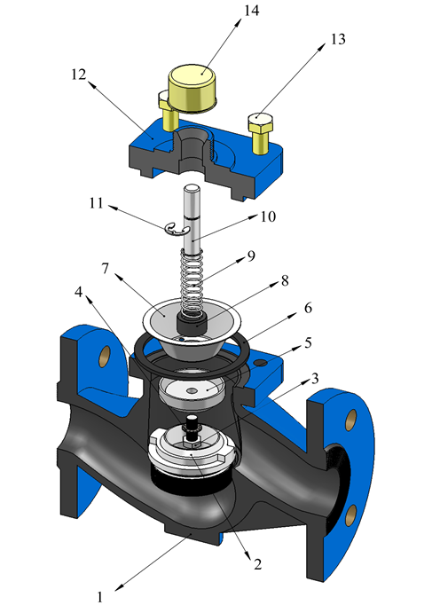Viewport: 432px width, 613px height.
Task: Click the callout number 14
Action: [x=251, y=11]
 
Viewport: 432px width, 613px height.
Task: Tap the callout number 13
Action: [x=338, y=39]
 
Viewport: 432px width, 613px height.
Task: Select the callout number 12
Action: [x=79, y=75]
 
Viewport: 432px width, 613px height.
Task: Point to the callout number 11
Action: [x=96, y=203]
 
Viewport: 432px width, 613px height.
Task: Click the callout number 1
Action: [x=100, y=597]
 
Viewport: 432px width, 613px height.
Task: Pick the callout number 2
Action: [x=257, y=563]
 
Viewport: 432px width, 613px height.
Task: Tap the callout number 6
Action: [x=308, y=308]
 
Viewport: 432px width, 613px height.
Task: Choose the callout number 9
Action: [x=251, y=255]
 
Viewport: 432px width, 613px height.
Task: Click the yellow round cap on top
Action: [x=192, y=90]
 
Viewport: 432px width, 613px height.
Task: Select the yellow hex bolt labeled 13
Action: [x=260, y=133]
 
